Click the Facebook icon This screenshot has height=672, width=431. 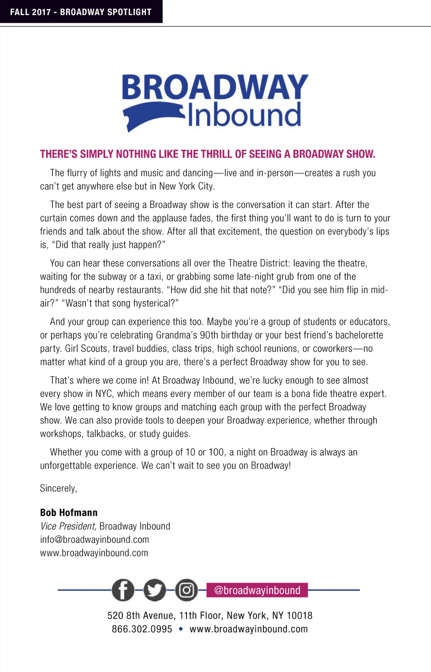(123, 590)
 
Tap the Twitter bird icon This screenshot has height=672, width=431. (155, 590)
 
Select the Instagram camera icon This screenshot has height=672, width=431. (186, 590)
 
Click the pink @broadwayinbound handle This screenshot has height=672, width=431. (257, 590)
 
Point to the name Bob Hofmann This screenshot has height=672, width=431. (69, 513)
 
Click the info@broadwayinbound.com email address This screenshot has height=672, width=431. (94, 539)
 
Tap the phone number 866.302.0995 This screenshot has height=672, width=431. (142, 629)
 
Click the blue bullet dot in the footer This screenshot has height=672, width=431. (181, 629)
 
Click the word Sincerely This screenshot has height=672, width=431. (58, 488)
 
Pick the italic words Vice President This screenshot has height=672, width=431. (68, 526)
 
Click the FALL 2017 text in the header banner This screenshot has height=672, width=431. (31, 12)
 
